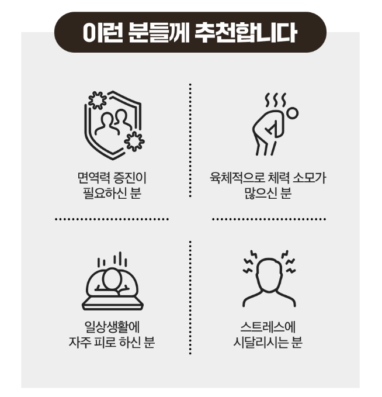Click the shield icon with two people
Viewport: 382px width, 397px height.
click(112, 122)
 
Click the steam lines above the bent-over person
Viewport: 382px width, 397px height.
click(274, 101)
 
